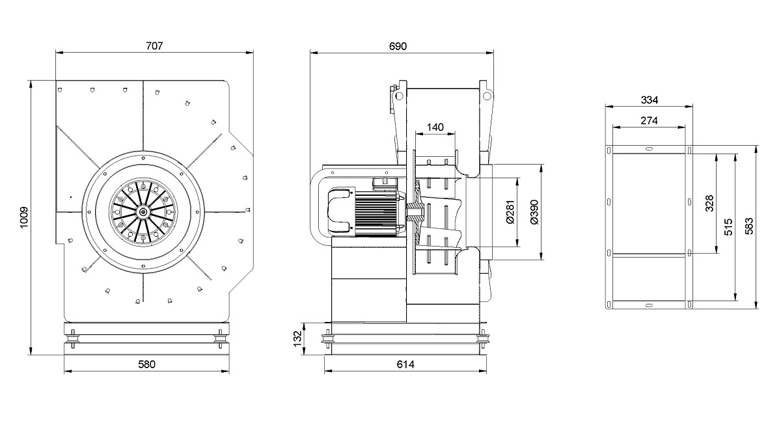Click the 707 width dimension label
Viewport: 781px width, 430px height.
pyautogui.click(x=154, y=46)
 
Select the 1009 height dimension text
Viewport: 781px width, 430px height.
pyautogui.click(x=23, y=218)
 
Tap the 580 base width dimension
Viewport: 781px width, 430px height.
pyautogui.click(x=147, y=364)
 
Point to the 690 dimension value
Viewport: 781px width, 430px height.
pyautogui.click(x=398, y=46)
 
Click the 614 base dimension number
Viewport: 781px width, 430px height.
pyautogui.click(x=405, y=364)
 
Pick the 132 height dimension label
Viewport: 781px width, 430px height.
pyautogui.click(x=297, y=339)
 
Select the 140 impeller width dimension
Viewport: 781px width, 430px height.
pyautogui.click(x=435, y=128)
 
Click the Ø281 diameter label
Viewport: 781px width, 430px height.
pyautogui.click(x=510, y=212)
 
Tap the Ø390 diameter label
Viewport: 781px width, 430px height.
pyautogui.click(x=534, y=212)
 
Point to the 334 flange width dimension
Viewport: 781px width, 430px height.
pyautogui.click(x=650, y=100)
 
